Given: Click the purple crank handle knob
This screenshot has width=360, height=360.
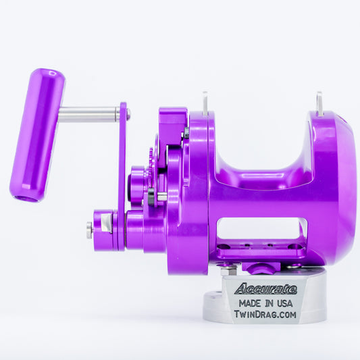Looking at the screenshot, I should [x=38, y=135].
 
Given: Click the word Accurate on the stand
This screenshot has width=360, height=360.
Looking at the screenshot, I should [x=265, y=289].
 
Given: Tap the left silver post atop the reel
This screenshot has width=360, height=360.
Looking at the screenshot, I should [x=204, y=103].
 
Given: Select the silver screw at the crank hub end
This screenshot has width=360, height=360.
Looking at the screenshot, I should [x=89, y=230].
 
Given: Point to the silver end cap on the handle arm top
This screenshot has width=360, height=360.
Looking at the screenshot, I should [x=128, y=115].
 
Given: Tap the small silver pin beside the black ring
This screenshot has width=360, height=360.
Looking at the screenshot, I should [x=162, y=197].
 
